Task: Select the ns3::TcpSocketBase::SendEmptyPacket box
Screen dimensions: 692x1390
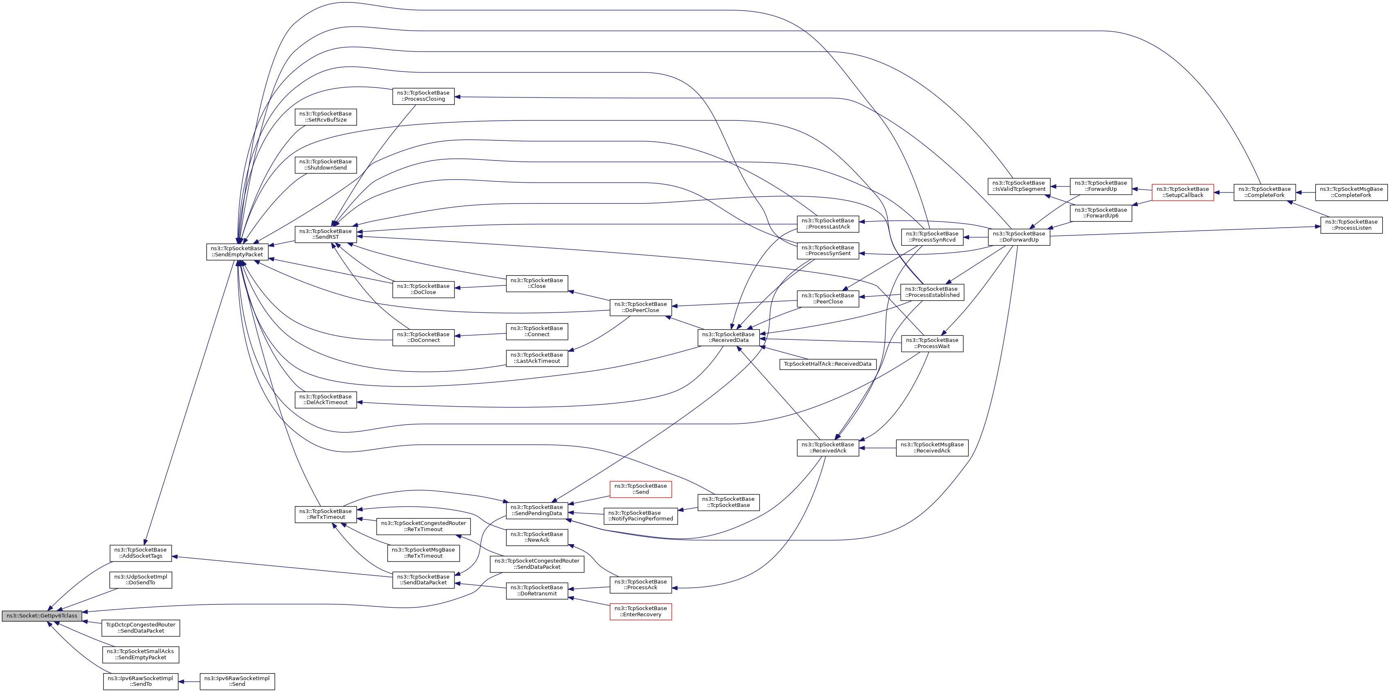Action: (237, 251)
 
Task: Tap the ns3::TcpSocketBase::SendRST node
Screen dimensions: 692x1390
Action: (325, 234)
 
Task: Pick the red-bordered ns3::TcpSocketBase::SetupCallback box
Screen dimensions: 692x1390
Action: (1182, 192)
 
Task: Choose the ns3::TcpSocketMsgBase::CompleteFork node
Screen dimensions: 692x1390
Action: (1351, 192)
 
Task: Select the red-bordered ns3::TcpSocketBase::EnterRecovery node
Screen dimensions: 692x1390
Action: (640, 612)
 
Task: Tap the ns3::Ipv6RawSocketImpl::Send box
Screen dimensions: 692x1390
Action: (237, 681)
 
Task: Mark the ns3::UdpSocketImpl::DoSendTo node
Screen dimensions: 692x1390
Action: (140, 580)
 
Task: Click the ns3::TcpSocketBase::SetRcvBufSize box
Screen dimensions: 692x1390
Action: (325, 117)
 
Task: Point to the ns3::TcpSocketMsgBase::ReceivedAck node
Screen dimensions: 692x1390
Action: (932, 448)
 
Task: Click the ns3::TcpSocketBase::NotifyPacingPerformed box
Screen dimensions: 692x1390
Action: (640, 516)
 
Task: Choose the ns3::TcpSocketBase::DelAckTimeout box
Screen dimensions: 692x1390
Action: (325, 400)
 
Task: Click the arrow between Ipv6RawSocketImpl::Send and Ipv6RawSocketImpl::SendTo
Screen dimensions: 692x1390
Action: (189, 682)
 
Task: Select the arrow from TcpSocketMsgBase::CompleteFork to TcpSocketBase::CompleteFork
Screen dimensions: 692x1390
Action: (1305, 192)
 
